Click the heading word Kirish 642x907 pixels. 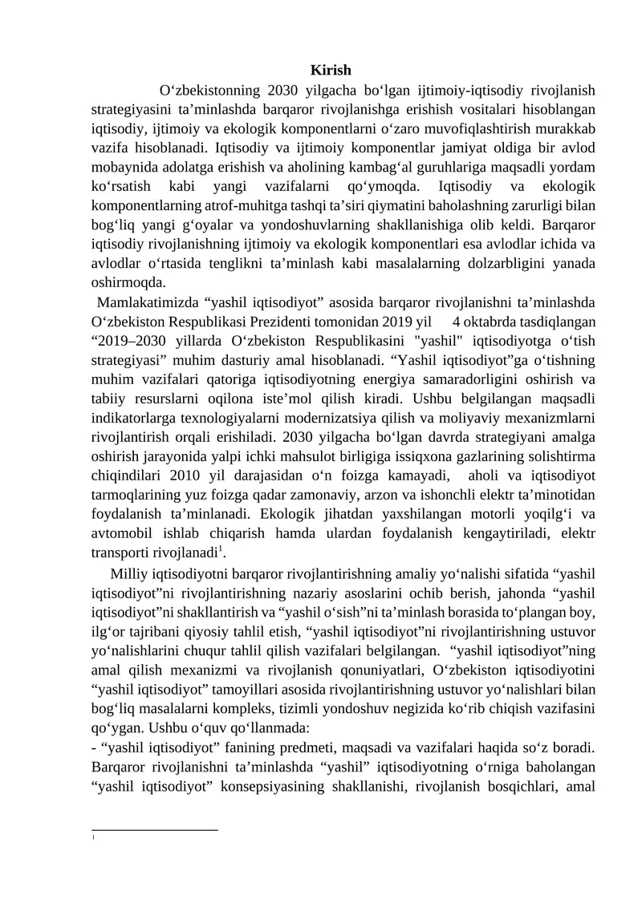tap(331, 71)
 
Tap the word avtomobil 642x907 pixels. tap(121, 532)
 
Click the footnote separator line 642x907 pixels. tap(154, 830)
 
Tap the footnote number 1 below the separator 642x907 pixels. tap(94, 839)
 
